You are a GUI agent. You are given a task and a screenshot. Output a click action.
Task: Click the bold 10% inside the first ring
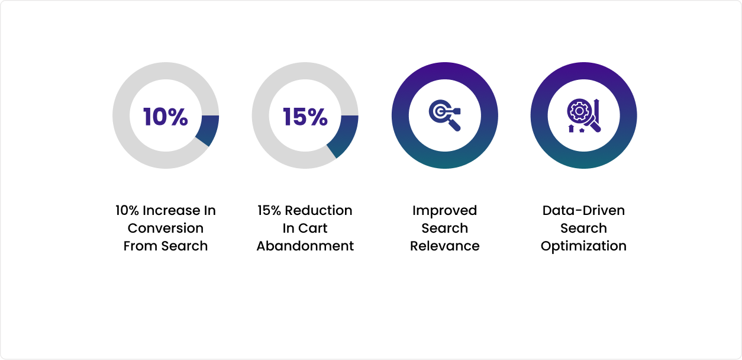click(166, 117)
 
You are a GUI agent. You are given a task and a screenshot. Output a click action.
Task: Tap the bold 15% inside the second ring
click(305, 117)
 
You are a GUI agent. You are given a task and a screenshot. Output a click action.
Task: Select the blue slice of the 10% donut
click(208, 130)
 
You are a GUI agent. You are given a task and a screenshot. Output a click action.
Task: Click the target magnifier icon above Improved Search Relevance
click(444, 115)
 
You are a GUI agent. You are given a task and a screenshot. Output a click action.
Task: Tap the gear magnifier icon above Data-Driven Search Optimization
click(583, 115)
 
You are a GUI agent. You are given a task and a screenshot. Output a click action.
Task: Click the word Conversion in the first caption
click(166, 228)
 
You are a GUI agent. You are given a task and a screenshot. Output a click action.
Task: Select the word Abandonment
click(305, 246)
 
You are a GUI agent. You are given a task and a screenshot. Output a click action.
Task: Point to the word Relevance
click(444, 246)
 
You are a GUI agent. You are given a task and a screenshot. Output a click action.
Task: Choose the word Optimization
click(583, 246)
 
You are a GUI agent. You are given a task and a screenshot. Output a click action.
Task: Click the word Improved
click(444, 211)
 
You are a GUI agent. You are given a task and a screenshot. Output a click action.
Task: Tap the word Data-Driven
click(583, 211)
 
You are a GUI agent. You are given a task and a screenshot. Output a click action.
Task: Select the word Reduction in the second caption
click(318, 211)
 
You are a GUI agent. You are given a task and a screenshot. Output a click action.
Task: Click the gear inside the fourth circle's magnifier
click(579, 111)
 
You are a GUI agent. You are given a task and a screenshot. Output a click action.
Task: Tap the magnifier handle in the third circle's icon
click(454, 125)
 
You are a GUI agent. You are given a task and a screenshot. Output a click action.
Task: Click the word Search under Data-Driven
click(583, 228)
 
